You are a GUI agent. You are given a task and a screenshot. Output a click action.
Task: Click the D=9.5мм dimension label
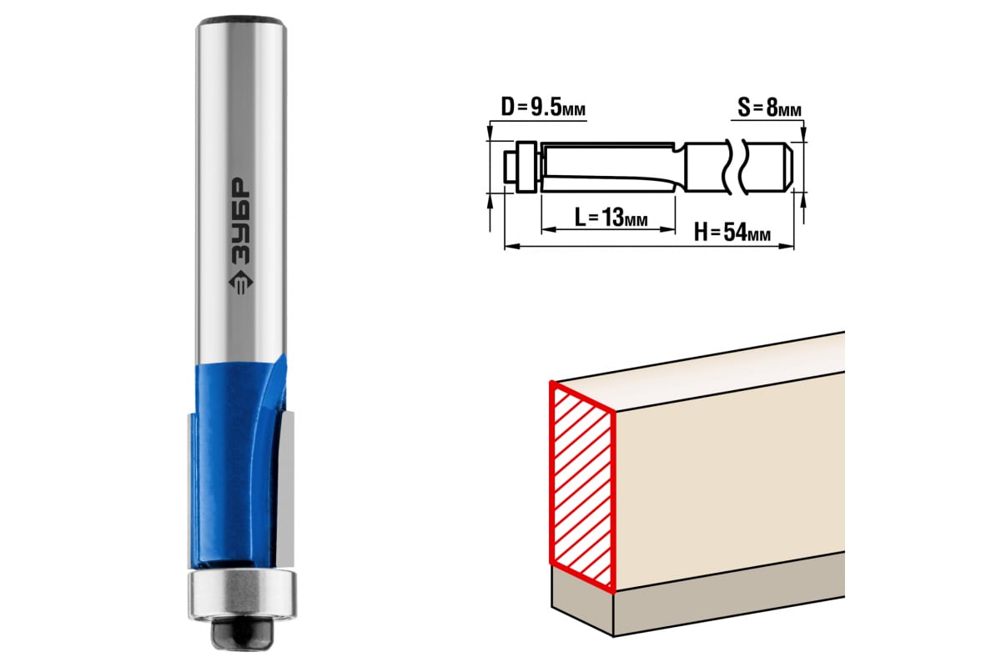coord(543,108)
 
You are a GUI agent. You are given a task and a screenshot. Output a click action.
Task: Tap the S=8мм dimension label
coord(769,108)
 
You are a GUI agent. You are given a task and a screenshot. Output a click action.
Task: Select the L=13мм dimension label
coord(611,218)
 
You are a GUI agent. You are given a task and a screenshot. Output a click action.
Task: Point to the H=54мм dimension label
coord(732,233)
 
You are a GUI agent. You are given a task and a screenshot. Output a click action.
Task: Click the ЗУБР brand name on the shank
coord(241,221)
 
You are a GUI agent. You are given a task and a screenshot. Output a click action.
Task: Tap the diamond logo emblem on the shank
coord(241,283)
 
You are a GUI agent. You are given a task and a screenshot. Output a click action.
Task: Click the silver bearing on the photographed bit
coord(242,594)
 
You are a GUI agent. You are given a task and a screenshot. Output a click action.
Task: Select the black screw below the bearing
coord(242,634)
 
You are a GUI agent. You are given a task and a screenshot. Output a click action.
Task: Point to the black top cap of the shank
coord(241,21)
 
